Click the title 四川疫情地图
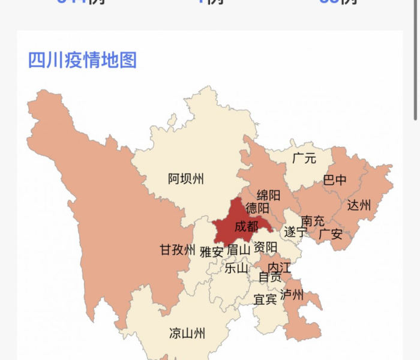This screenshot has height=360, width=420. tap(83, 60)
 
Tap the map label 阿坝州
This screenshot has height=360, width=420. tap(186, 178)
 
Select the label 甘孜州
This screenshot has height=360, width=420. tap(178, 250)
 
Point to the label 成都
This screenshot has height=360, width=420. tap(246, 226)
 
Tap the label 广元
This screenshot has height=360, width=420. tap(304, 159)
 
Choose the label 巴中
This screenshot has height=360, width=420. tap(335, 180)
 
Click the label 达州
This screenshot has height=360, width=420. tap(359, 206)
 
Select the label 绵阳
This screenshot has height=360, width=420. tap(268, 196)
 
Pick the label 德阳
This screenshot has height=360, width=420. tap(257, 209)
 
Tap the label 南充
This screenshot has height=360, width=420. tap(313, 221)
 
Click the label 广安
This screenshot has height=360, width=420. tap(331, 233)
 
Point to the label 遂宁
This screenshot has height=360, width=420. tap(295, 232)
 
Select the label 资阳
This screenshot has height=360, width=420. tap(265, 247)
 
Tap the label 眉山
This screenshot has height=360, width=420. tap(238, 250)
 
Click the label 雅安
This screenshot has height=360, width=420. tap(211, 251)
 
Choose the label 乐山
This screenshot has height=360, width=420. tap(236, 268)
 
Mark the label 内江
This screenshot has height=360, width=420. tap(279, 266)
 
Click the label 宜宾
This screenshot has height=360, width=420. tap(265, 299)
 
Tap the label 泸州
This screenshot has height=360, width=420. tap(292, 295)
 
